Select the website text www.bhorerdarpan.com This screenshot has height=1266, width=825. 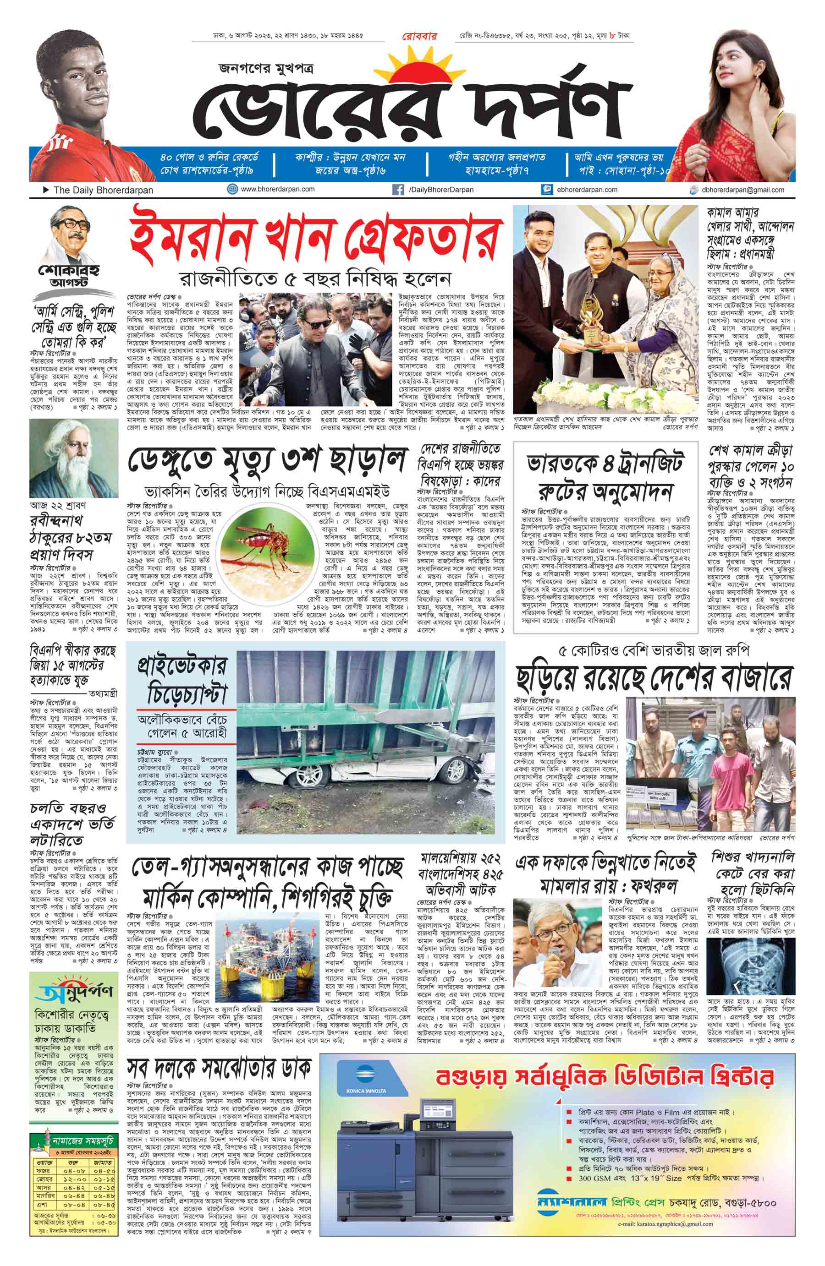tap(277, 189)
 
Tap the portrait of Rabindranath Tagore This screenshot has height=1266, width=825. tap(73, 458)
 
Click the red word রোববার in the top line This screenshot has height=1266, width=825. tap(418, 37)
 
